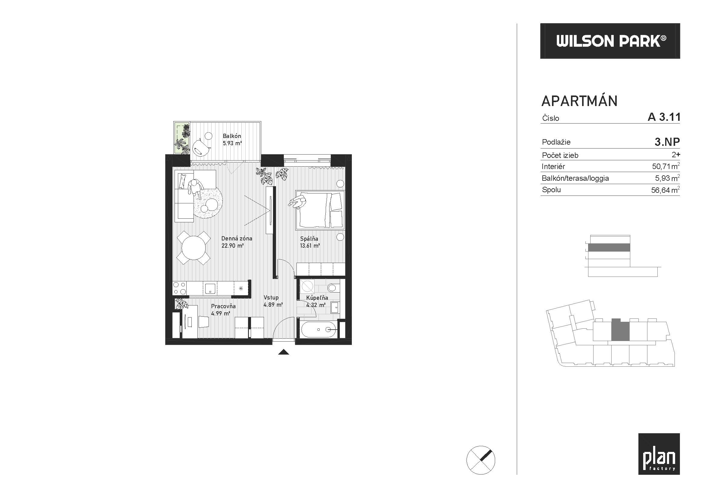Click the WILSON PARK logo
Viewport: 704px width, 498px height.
tap(610, 41)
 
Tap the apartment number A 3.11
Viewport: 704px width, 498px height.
tap(664, 117)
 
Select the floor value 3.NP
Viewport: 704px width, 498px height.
tap(667, 142)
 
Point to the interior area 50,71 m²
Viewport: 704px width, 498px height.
tap(666, 166)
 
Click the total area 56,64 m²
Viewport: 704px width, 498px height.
tap(665, 190)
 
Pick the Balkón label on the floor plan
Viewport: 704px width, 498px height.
tap(232, 136)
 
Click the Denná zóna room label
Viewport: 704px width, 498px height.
tap(236, 238)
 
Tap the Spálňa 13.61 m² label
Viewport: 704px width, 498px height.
tap(310, 242)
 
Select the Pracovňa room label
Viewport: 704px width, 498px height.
tap(223, 306)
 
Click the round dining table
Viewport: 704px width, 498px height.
tap(194, 248)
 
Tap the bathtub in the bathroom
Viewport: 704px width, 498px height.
tap(319, 330)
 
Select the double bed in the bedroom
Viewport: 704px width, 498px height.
tap(320, 210)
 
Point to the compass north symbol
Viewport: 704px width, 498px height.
tap(480, 460)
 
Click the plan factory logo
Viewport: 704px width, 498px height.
tap(659, 454)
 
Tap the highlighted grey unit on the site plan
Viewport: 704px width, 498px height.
tap(620, 330)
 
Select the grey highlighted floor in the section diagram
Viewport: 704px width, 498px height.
tap(609, 248)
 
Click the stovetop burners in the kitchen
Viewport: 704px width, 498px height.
tap(179, 288)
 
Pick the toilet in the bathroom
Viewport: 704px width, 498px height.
tap(332, 287)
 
